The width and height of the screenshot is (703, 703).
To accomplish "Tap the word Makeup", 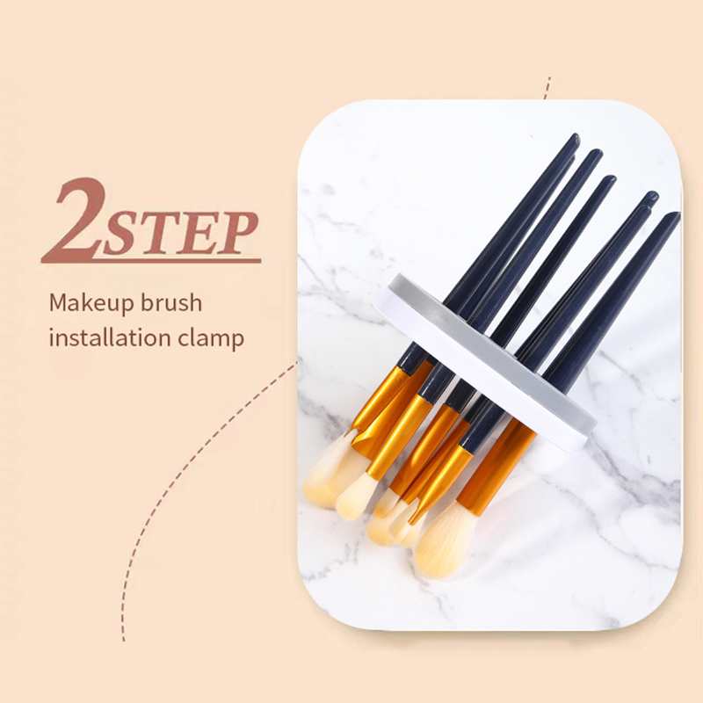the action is (x=92, y=303).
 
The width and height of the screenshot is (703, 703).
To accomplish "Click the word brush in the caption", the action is (x=172, y=302).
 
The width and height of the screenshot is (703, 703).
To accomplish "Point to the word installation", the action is (x=111, y=337).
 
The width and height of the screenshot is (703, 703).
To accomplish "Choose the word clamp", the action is (x=211, y=339).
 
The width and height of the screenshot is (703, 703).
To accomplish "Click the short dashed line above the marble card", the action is (x=547, y=88).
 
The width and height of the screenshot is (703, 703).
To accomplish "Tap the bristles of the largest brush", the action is (x=444, y=540).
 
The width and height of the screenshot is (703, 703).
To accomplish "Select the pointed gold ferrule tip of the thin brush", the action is (x=412, y=521).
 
